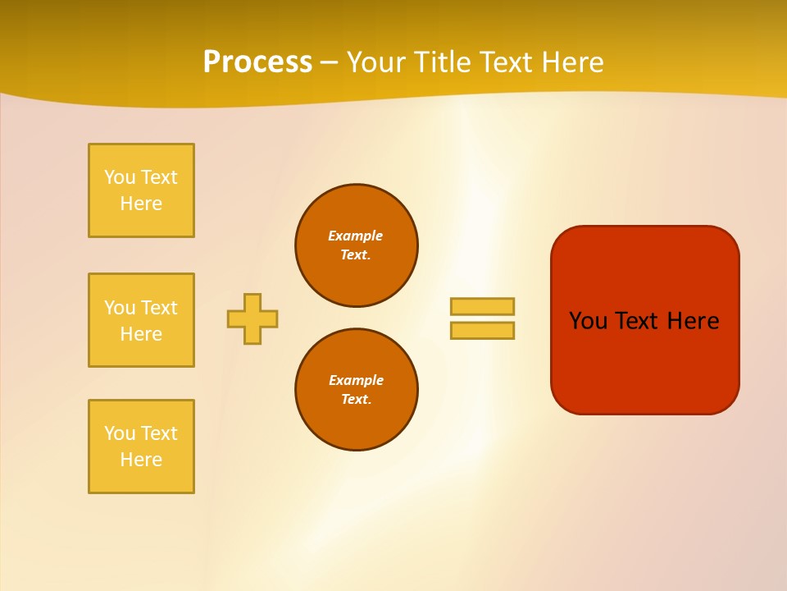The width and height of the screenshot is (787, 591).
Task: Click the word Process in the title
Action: click(x=257, y=62)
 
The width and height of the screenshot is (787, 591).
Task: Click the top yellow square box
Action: click(x=141, y=190)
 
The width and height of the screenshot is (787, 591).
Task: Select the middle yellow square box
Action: click(x=141, y=320)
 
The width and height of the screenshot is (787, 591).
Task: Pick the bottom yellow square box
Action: click(x=141, y=447)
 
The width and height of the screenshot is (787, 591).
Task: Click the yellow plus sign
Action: click(x=252, y=318)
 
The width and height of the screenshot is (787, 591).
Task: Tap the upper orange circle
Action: click(x=356, y=245)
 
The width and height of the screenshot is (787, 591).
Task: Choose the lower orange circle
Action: click(x=356, y=390)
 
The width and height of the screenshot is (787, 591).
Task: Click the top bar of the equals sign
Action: click(x=482, y=306)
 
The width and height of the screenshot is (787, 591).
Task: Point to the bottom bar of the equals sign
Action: click(x=482, y=330)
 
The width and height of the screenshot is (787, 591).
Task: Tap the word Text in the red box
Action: click(x=638, y=321)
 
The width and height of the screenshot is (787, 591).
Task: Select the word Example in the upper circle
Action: click(x=355, y=236)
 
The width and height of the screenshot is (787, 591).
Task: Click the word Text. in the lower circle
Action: click(x=356, y=400)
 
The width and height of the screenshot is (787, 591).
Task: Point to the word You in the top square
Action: click(x=120, y=177)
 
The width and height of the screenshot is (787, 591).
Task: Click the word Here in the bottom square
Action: click(x=141, y=460)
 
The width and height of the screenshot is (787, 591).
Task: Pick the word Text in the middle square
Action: click(x=159, y=308)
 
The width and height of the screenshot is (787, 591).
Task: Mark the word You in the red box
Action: click(x=588, y=321)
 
